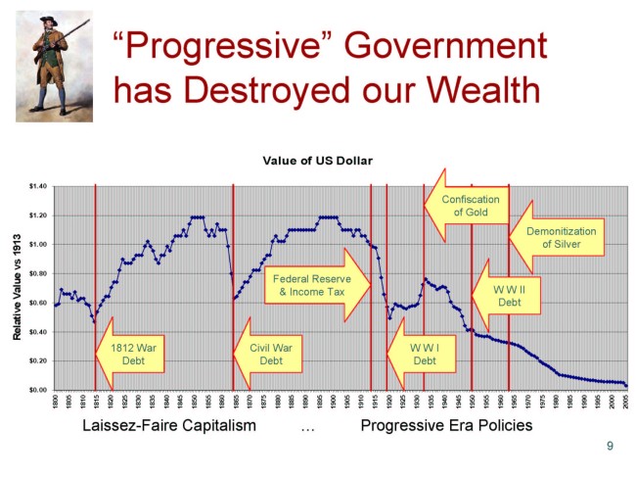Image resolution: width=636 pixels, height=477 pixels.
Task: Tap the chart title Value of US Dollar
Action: (324, 161)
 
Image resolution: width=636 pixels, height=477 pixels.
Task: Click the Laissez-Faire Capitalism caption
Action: (169, 426)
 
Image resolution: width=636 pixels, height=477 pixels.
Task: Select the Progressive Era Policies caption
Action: (447, 426)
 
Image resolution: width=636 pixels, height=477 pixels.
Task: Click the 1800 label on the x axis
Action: (57, 402)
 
